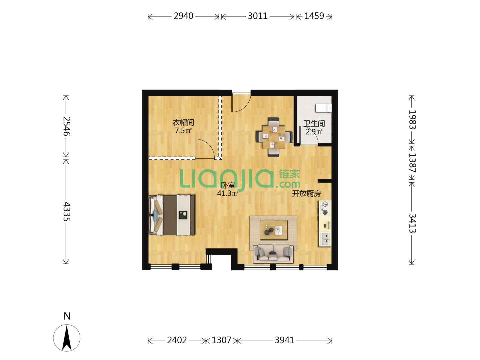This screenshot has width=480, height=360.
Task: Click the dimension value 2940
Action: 183,16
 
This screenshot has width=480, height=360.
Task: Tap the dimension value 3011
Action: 257,16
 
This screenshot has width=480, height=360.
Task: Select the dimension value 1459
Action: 314,16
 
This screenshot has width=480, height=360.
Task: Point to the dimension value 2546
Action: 67,126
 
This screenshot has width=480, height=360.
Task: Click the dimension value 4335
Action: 67,211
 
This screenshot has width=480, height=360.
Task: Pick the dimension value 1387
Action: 412,163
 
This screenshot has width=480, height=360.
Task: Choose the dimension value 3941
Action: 284,340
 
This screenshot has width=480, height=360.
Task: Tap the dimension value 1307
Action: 221,340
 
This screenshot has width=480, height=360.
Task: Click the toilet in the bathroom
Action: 323,108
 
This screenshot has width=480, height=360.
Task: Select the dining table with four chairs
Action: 274,137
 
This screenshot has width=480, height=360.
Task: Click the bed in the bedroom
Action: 172,215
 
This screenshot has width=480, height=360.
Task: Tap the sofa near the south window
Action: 273,254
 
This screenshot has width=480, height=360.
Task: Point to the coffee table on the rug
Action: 274,230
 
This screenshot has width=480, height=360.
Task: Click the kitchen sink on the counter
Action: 325,239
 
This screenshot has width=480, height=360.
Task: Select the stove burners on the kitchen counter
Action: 325,208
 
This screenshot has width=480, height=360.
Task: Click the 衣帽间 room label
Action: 183,122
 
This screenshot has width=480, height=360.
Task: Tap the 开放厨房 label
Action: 306,193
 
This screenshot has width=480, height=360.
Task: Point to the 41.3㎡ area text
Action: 227,193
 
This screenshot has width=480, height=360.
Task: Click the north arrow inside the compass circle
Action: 67,338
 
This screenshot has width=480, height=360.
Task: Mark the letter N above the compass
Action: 67,316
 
